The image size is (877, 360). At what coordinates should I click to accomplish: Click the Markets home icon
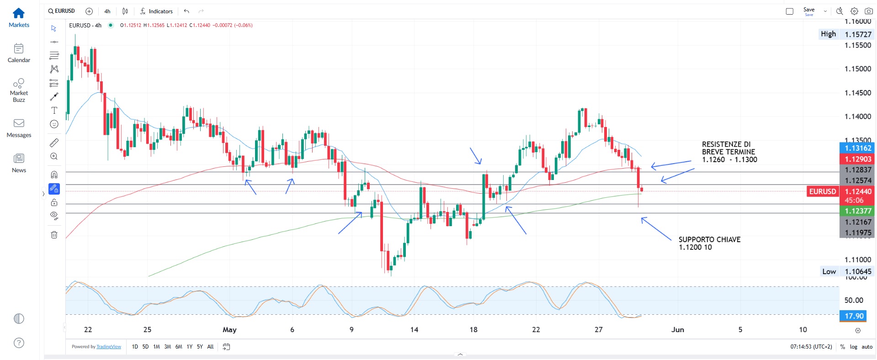click(x=19, y=13)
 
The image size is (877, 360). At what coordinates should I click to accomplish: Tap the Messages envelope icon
click(x=19, y=123)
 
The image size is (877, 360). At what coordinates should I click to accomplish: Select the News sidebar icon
click(x=19, y=159)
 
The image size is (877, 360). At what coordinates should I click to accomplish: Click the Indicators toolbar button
click(x=156, y=11)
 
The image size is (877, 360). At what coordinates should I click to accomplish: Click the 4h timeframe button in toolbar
click(x=107, y=11)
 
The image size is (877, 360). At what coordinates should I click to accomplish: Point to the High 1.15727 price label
click(x=846, y=34)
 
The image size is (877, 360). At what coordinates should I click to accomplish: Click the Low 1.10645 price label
click(x=846, y=271)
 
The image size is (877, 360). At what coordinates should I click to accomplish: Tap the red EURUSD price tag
click(x=823, y=191)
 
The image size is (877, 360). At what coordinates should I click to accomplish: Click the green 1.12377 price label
click(x=857, y=211)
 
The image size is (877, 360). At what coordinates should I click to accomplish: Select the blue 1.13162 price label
click(x=857, y=148)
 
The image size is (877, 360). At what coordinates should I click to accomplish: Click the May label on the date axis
click(x=229, y=329)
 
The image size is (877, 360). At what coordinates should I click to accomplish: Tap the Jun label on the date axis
click(x=677, y=329)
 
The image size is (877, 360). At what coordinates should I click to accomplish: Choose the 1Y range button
click(x=189, y=347)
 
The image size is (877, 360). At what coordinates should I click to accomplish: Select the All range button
click(x=210, y=347)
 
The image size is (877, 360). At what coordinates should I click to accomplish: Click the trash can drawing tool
click(x=54, y=235)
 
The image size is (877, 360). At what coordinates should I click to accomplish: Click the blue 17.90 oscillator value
click(x=854, y=316)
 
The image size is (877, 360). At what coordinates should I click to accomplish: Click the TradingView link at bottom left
click(x=109, y=347)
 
